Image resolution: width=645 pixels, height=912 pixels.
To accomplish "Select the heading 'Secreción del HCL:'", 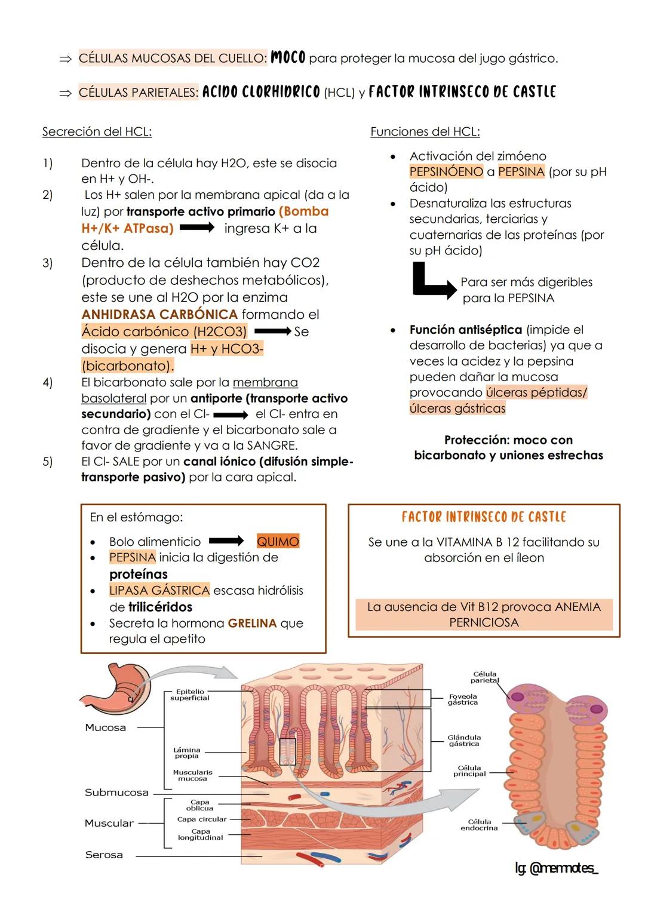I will click(x=97, y=131).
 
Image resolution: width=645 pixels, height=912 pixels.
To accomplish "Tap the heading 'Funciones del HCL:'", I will click(x=425, y=131).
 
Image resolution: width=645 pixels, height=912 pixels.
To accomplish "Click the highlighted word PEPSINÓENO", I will click(x=446, y=172).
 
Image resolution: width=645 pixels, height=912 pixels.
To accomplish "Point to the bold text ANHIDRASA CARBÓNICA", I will click(x=159, y=314).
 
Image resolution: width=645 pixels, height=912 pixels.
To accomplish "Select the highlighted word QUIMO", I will click(x=278, y=542).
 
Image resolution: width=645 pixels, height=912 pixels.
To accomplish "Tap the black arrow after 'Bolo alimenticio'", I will click(x=226, y=541).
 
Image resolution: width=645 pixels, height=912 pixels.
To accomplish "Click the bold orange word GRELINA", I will click(x=252, y=623).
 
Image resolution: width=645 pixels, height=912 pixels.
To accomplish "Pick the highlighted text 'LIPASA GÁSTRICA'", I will click(x=159, y=590).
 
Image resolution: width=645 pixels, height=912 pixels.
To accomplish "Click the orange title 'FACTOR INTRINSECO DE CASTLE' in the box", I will click(x=484, y=517).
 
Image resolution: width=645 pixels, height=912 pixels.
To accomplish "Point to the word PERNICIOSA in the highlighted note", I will click(x=484, y=622).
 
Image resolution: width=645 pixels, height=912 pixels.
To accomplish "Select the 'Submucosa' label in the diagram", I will click(x=116, y=793).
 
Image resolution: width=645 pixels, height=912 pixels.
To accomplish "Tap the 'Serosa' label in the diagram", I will click(x=104, y=855).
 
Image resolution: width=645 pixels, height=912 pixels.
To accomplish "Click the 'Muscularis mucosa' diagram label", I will click(x=192, y=775).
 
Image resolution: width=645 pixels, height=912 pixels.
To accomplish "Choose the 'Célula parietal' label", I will click(x=484, y=677).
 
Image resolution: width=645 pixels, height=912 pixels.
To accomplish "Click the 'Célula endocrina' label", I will click(x=479, y=825).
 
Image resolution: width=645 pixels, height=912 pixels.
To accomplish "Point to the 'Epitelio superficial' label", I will click(x=189, y=695).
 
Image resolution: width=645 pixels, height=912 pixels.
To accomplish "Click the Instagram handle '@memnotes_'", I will click(x=556, y=869).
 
